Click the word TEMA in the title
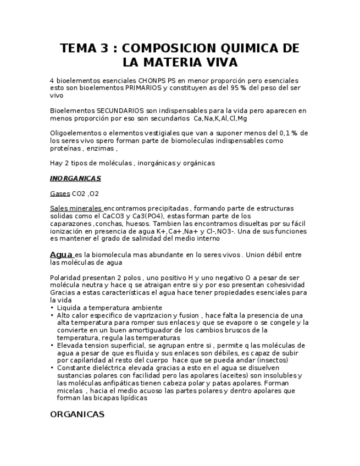pos(77,48)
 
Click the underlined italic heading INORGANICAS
pos(75,179)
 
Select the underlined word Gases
pos(60,193)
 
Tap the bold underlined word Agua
pos(61,255)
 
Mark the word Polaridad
pos(66,278)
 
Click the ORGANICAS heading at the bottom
pos(77,414)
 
